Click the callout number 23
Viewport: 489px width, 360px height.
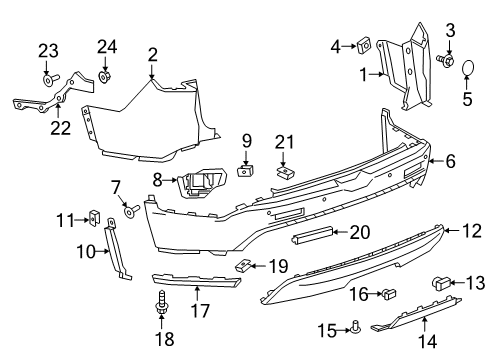click(49, 50)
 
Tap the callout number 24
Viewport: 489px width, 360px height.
click(106, 45)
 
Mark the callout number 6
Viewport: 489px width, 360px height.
click(451, 159)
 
